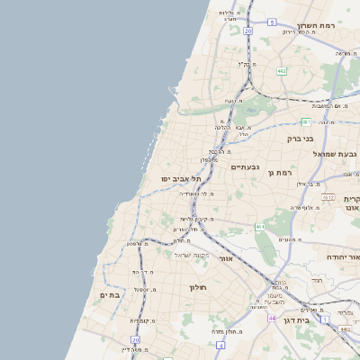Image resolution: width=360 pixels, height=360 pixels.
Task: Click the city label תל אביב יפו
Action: click(x=179, y=179)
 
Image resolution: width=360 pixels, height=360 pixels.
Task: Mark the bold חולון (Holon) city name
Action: click(x=198, y=287)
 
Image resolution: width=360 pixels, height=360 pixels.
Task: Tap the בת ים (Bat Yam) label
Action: click(x=110, y=295)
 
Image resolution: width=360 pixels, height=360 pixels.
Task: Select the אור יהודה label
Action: click(x=340, y=256)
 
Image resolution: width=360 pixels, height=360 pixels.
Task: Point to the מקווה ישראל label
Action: click(x=191, y=256)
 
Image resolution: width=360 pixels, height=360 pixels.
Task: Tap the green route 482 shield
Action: click(x=282, y=70)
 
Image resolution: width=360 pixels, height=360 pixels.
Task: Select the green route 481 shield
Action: click(x=307, y=121)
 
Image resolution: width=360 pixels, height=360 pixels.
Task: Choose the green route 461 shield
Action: click(x=259, y=227)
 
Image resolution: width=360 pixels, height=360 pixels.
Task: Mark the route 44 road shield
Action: click(x=271, y=318)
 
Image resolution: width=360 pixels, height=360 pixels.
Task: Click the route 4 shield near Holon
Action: click(x=220, y=345)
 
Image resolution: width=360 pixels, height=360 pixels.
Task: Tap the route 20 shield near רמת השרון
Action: click(x=247, y=31)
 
